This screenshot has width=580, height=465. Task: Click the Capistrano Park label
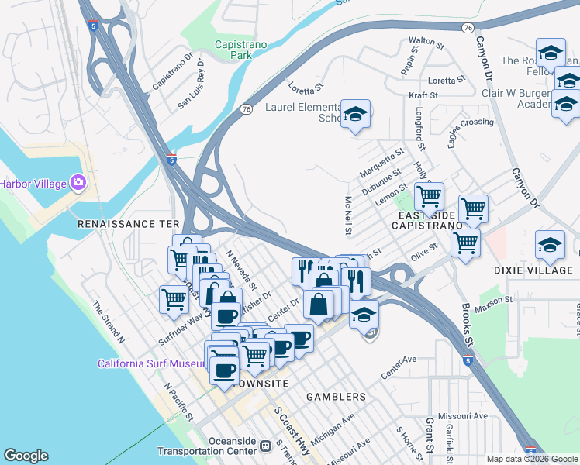[240, 50]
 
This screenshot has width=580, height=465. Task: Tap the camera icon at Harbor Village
[78, 183]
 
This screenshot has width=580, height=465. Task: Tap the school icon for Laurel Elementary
[356, 114]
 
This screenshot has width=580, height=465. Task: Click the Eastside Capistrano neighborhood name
[426, 219]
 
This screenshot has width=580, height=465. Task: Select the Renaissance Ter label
[128, 223]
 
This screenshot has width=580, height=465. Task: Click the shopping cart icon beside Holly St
[428, 196]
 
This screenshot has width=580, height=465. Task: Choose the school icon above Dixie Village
[550, 244]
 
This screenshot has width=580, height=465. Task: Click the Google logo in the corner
[26, 456]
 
